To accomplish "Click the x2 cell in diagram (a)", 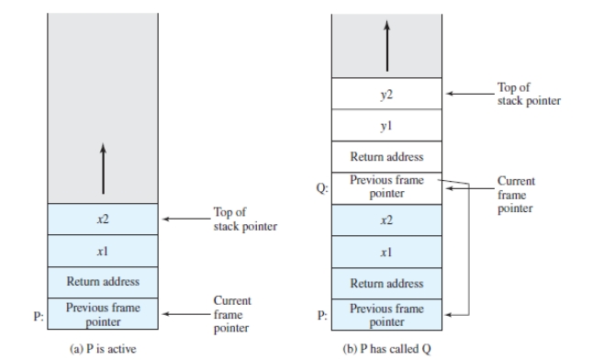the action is pos(103,219).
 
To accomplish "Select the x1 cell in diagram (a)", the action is pos(103,251).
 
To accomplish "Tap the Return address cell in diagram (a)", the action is pos(103,282).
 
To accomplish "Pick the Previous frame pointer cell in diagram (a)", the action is pos(103,313).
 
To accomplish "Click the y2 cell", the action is pos(386,94).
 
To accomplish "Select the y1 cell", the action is pos(386,126).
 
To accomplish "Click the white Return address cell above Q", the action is pos(386,157).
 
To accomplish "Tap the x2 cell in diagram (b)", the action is pos(386,220).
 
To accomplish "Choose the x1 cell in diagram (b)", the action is pos(386,252).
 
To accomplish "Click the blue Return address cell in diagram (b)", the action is pos(386,283).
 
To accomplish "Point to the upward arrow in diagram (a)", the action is pos(103,168).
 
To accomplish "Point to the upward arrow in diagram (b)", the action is pos(387,46).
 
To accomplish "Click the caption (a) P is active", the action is pos(103,349).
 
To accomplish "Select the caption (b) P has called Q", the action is pos(386,349).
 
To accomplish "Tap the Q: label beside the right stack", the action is pos(322,188).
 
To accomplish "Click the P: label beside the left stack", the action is pos(39,316).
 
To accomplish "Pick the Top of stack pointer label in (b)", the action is pos(529,94).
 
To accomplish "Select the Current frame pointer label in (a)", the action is pos(232,314).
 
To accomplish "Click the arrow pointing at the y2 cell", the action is pos(470,94).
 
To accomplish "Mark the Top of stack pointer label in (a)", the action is pos(245,219).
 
